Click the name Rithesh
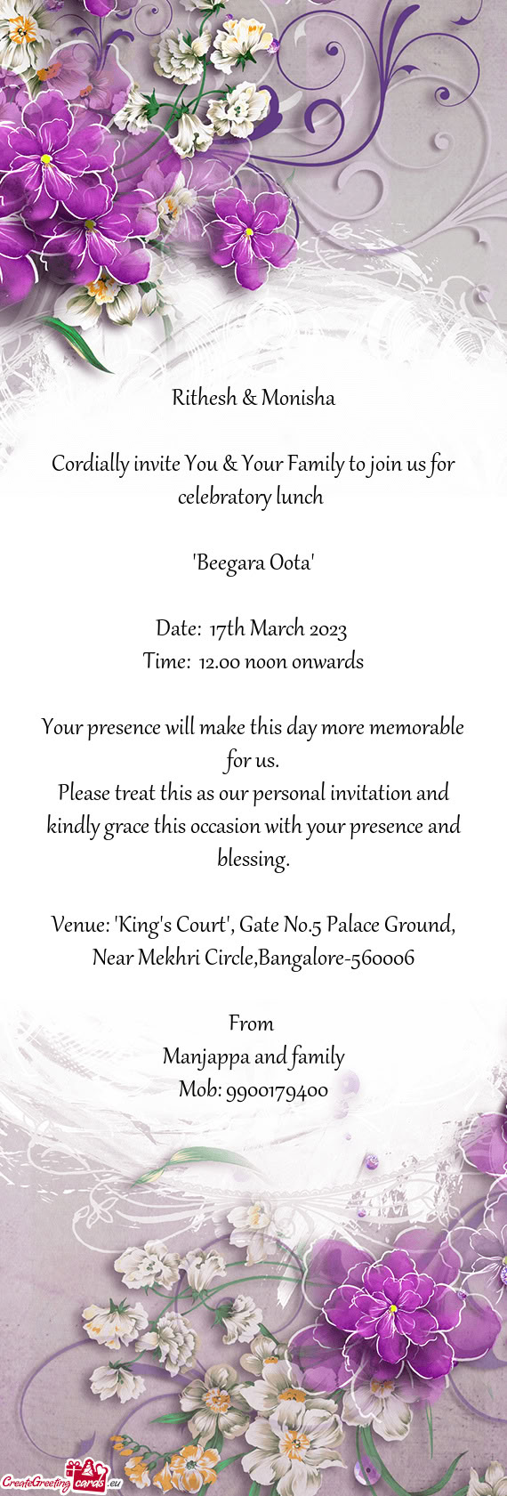[204, 398]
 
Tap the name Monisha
[298, 398]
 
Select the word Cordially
[90, 464]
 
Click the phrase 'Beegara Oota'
[253, 562]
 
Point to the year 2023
[328, 629]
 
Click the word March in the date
[278, 629]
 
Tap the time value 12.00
[219, 662]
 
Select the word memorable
[416, 727]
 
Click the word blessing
[253, 860]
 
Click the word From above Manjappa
[251, 1023]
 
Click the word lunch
[299, 497]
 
